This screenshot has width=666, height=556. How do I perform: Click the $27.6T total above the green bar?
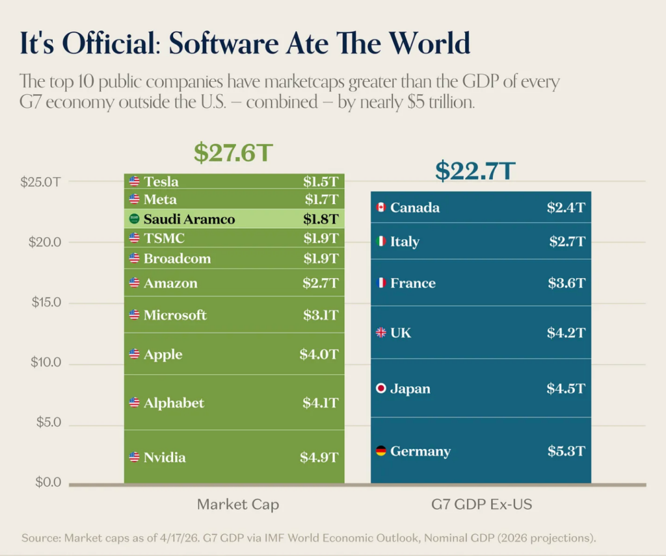233,153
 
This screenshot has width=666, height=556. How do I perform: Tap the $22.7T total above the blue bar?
475,170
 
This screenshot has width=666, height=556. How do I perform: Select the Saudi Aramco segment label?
189,219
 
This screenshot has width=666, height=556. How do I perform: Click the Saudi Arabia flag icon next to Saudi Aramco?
134,219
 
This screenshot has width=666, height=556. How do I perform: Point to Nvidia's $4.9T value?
319,457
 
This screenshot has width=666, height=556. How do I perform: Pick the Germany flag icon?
381,451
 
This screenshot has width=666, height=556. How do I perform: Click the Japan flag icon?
381,388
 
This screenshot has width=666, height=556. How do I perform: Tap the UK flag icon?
381,333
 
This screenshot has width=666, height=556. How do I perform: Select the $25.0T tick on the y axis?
41,182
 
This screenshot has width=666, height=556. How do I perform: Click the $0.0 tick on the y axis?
48,482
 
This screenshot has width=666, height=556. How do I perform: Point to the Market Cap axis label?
238,504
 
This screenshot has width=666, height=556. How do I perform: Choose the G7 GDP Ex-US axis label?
482,504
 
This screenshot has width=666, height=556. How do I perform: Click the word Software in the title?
224,44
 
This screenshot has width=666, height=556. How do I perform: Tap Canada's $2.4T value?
566,207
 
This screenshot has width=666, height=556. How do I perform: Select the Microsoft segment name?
175,314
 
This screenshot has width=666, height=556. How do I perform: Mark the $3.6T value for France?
566,283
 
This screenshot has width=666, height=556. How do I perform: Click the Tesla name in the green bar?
161,181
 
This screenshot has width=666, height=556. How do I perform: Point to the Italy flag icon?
381,242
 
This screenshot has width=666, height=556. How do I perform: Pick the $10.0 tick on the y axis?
46,362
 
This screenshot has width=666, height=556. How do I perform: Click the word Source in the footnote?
40,538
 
